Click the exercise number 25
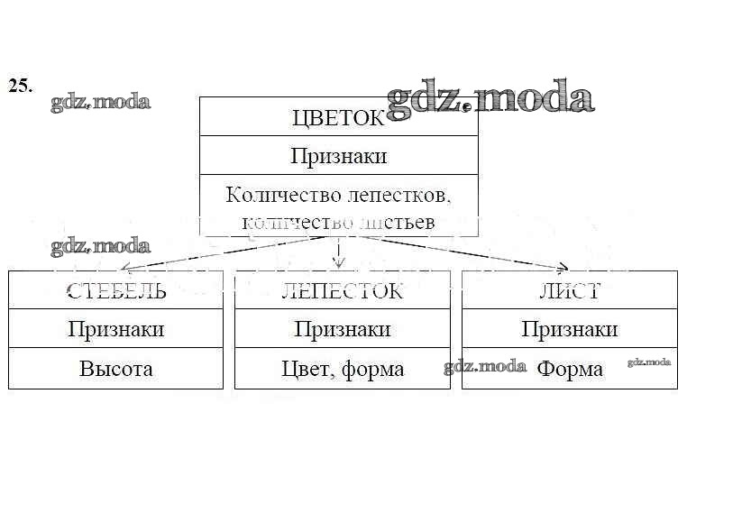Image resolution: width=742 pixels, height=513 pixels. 20,86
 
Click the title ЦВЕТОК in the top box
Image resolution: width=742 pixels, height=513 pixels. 337,118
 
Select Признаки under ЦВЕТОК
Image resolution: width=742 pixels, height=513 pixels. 338,156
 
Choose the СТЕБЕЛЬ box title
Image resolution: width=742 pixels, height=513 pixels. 115,291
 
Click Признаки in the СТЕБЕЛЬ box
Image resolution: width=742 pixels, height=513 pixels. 115,329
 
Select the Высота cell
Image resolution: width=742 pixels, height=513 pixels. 115,369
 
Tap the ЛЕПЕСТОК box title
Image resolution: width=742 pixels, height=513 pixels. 342,291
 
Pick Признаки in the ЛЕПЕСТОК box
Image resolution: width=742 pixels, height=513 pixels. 342,329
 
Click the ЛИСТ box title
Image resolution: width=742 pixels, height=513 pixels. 569,291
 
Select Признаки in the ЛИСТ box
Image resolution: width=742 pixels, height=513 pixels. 569,329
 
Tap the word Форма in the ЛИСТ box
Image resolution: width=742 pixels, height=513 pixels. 570,369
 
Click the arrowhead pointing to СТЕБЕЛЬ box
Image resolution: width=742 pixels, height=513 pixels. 125,268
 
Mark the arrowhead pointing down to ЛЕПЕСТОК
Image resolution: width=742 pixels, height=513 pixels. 338,263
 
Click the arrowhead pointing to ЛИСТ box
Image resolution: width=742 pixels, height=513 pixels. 563,267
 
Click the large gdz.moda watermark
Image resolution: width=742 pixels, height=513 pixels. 490,98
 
